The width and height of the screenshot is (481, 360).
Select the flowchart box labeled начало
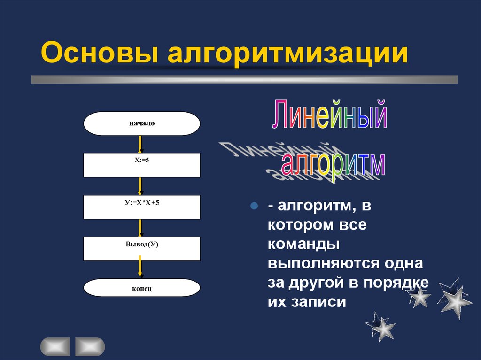[142, 124]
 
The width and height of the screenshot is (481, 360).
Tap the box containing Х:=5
[142, 165]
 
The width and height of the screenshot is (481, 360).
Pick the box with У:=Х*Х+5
[142, 207]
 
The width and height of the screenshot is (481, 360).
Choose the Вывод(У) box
[142, 249]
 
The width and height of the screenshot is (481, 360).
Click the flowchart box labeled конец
[142, 288]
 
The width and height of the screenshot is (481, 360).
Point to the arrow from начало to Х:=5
[140, 144]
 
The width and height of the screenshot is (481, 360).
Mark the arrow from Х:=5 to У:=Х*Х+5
[140, 186]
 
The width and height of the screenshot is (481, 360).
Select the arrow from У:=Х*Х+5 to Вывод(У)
[140, 228]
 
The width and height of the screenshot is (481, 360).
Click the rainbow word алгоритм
[333, 165]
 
